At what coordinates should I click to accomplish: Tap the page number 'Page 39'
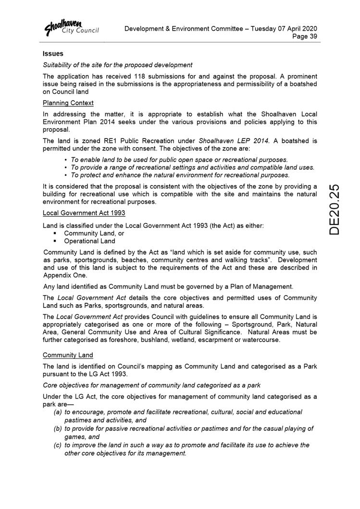[305, 37]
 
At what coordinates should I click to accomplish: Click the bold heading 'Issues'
[53, 54]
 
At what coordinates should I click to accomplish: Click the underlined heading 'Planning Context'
[68, 103]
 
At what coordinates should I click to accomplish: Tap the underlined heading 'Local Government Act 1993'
[84, 212]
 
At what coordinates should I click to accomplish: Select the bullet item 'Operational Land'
[89, 241]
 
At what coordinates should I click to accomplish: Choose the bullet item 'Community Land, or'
[94, 233]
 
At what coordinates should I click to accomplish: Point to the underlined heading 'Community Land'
[67, 355]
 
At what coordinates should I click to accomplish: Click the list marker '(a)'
[58, 412]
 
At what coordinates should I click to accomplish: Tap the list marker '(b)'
[58, 429]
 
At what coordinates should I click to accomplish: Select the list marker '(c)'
[58, 445]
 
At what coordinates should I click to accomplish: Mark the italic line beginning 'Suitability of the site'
[117, 65]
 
